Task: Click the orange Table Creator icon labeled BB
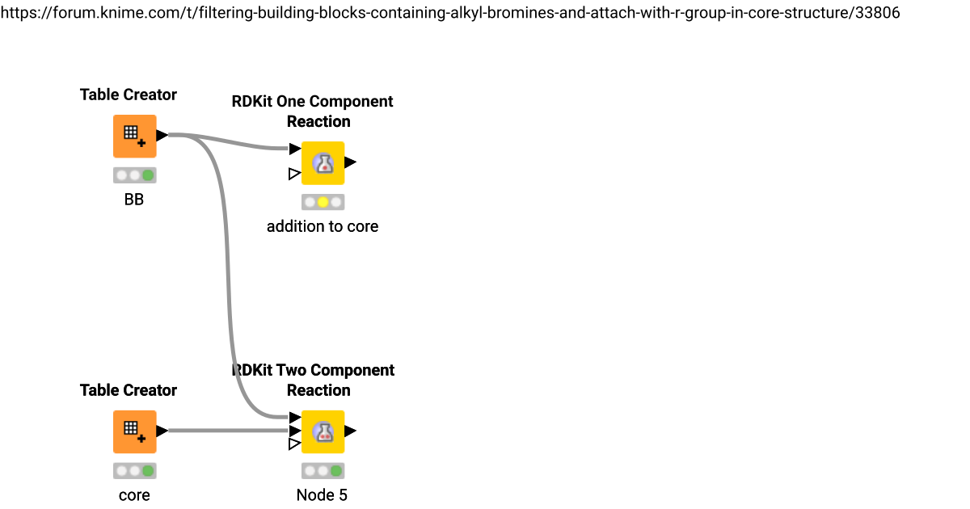(x=134, y=136)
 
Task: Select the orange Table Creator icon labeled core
(x=134, y=431)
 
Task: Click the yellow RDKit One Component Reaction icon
(x=323, y=162)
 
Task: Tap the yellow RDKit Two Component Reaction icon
(x=323, y=431)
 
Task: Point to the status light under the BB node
(x=134, y=175)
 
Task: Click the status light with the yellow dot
(x=323, y=202)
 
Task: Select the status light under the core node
(x=134, y=471)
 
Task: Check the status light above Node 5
(x=323, y=471)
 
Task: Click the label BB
(x=134, y=200)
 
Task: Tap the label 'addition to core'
(x=323, y=226)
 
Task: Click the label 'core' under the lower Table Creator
(x=134, y=495)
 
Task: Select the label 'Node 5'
(x=322, y=495)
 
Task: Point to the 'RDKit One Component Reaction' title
(x=313, y=111)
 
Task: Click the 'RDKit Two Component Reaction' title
(x=313, y=381)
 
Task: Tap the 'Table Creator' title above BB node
(x=129, y=95)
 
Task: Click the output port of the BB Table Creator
(x=162, y=136)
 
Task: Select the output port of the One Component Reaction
(x=350, y=162)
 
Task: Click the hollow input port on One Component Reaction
(x=294, y=174)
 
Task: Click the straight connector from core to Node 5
(x=226, y=431)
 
